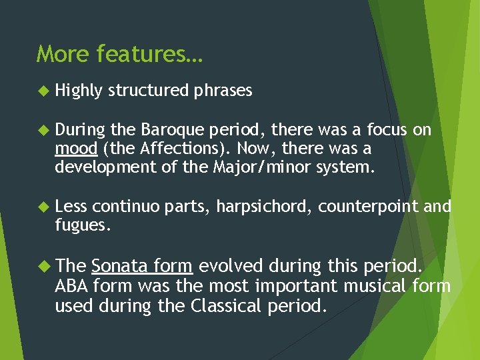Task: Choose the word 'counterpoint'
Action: (x=369, y=207)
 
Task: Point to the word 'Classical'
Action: (x=226, y=307)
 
